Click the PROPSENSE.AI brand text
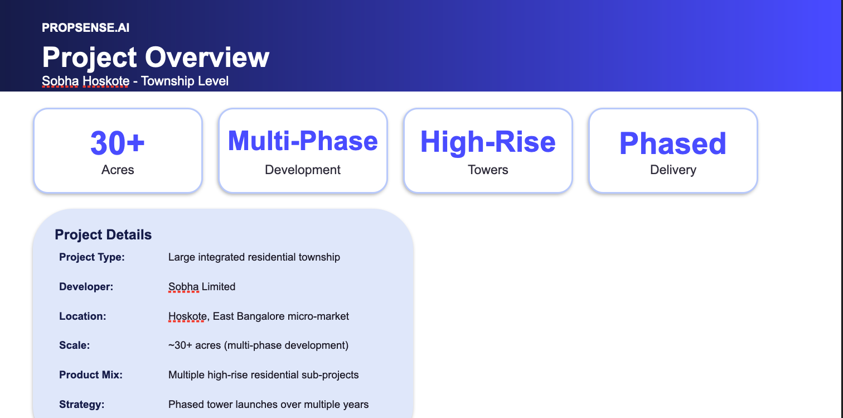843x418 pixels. [86, 27]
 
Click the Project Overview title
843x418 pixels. [156, 57]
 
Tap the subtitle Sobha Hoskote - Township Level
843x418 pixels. [135, 81]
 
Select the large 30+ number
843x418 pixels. [118, 143]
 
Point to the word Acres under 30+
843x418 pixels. [118, 170]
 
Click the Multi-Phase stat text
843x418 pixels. [303, 141]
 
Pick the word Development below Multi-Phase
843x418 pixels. [303, 170]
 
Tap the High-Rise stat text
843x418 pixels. [488, 142]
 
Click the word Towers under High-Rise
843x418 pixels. [488, 170]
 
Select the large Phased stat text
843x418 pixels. [673, 143]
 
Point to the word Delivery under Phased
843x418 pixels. [673, 170]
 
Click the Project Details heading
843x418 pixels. [103, 235]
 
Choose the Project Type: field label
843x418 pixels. [92, 257]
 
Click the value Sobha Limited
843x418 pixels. [202, 287]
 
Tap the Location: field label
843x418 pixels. [83, 316]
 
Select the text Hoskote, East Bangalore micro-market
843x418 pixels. [259, 316]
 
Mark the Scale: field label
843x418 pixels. [75, 345]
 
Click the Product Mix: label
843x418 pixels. [91, 375]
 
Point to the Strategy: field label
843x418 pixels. [82, 405]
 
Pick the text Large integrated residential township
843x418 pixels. [254, 257]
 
